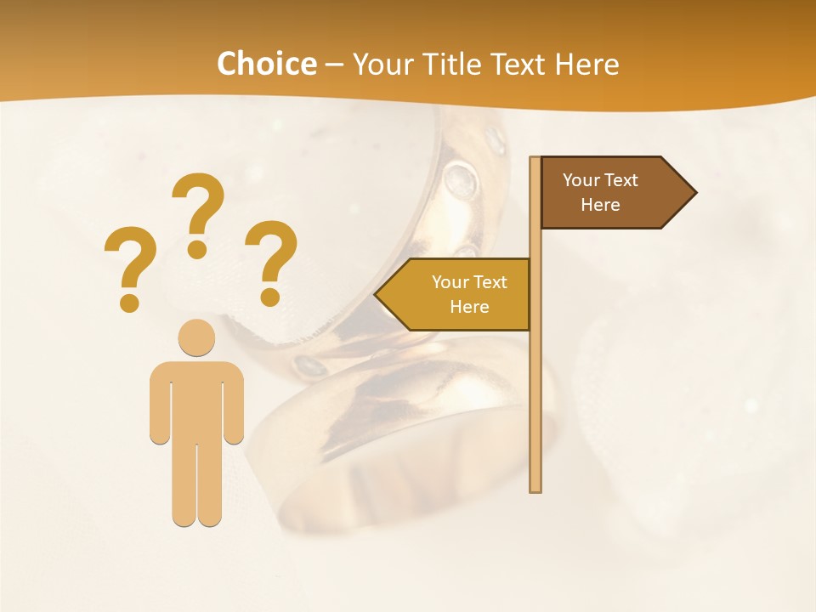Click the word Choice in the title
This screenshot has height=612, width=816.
pyautogui.click(x=266, y=64)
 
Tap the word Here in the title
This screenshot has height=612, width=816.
pyautogui.click(x=586, y=64)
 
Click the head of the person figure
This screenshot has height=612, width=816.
pyautogui.click(x=196, y=337)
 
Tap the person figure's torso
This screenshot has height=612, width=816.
pyautogui.click(x=196, y=399)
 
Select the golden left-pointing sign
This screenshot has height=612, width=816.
pyautogui.click(x=459, y=294)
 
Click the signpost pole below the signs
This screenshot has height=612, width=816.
pyautogui.click(x=535, y=408)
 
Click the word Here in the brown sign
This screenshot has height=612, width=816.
pyautogui.click(x=600, y=205)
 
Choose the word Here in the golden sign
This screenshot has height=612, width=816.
pyautogui.click(x=469, y=307)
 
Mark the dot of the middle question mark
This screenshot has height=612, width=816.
pyautogui.click(x=198, y=249)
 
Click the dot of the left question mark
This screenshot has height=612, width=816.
pyautogui.click(x=129, y=302)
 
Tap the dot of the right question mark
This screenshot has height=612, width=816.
pyautogui.click(x=270, y=297)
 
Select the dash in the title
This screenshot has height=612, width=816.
pyautogui.click(x=334, y=65)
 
